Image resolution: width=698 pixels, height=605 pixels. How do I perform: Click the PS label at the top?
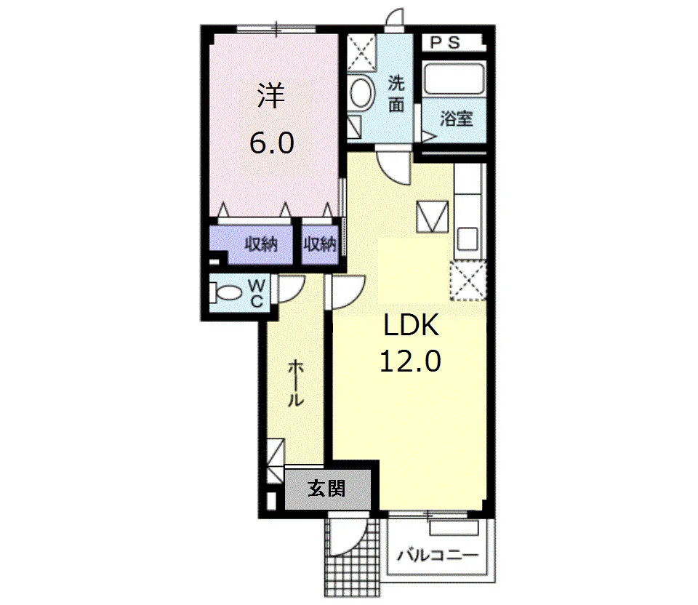(x=445, y=43)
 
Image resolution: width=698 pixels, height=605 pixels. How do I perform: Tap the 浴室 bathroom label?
(x=457, y=119)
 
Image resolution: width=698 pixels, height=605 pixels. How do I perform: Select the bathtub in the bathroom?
(x=454, y=79)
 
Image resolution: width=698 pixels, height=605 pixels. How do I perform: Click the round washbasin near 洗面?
(x=361, y=92)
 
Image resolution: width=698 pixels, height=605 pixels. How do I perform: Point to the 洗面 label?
(x=396, y=94)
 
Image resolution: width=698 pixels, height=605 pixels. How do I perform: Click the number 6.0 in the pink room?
(x=271, y=143)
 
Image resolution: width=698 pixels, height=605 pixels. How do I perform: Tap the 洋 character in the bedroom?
(x=271, y=96)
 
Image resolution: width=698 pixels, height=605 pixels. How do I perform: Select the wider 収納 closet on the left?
(x=251, y=244)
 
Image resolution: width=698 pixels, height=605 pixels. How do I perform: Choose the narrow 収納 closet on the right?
(x=320, y=244)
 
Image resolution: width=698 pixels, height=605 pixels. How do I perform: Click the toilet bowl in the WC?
(x=228, y=293)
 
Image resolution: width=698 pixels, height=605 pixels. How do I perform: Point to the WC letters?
(x=257, y=293)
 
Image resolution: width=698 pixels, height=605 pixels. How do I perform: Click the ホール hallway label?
(x=295, y=383)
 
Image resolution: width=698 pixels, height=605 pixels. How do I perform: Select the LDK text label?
(x=412, y=325)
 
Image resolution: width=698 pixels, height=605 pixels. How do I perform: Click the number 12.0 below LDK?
(x=410, y=361)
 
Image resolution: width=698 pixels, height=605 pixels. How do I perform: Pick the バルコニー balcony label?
(x=438, y=556)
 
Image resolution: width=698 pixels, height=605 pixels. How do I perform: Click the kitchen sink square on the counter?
(x=468, y=239)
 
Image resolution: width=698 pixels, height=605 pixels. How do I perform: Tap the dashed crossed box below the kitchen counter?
(x=468, y=281)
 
